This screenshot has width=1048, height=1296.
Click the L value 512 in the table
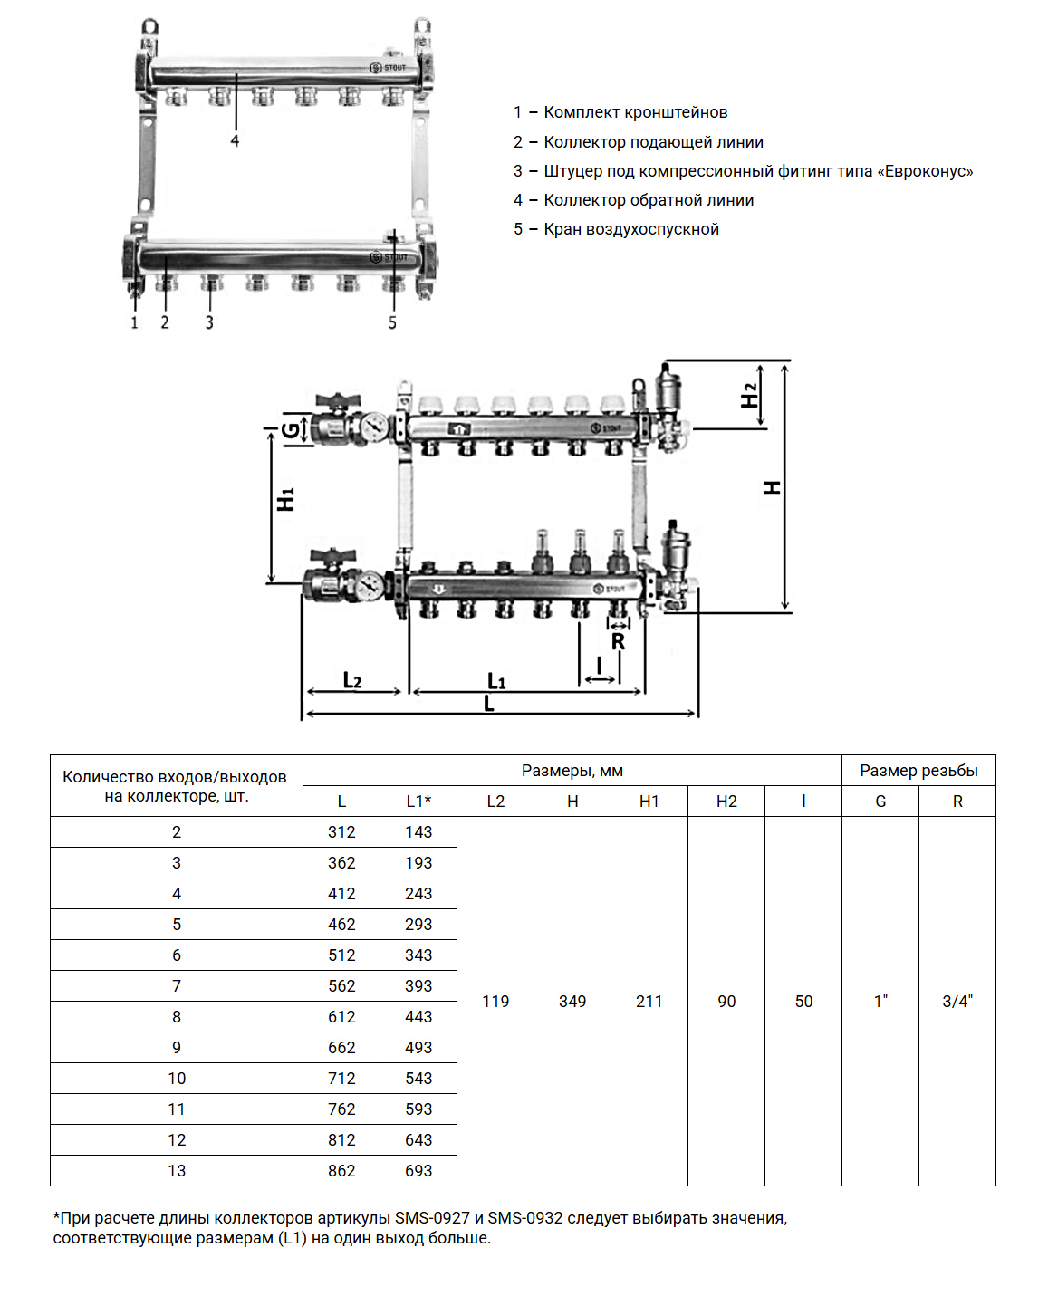[x=341, y=955]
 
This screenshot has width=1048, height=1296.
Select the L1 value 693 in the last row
[x=418, y=1171]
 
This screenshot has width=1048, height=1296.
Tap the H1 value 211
[x=649, y=1002]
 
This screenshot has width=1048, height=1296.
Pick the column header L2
[x=495, y=802]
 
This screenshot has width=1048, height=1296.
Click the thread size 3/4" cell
[x=957, y=1002]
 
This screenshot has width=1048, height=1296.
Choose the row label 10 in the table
[x=177, y=1079]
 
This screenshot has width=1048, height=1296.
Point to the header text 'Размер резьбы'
[x=918, y=771]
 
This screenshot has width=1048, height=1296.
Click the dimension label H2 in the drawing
[x=749, y=396]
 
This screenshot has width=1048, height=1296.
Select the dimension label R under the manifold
[x=618, y=642]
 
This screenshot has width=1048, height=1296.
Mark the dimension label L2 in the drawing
[x=352, y=680]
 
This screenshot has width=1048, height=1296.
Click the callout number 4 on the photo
[x=235, y=141]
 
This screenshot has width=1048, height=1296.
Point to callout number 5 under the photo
[x=392, y=323]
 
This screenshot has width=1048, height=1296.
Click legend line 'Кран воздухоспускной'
[x=631, y=229]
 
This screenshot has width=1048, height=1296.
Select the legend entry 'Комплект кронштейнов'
[x=635, y=112]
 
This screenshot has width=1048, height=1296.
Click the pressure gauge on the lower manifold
[x=370, y=585]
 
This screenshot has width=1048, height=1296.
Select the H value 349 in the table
[x=572, y=1002]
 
